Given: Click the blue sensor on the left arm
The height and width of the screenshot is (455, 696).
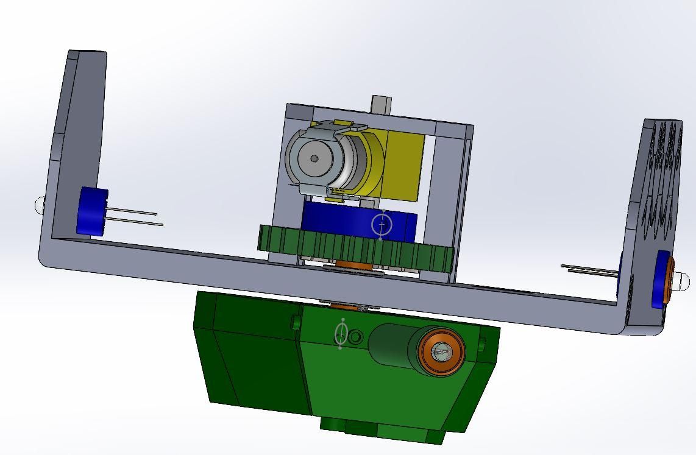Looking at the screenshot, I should [91, 211].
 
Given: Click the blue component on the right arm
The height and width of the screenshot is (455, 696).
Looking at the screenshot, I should [659, 280].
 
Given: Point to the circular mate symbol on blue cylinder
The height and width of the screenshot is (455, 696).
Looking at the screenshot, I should [382, 225].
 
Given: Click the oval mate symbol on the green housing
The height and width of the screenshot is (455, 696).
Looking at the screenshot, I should [341, 334].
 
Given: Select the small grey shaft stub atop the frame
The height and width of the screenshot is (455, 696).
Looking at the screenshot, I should [381, 104].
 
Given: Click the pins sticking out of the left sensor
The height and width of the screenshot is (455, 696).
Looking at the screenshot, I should [134, 216].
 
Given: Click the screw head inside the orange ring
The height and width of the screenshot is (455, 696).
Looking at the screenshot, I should [441, 351].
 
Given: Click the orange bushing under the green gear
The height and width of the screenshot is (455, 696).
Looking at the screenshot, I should [353, 265].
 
